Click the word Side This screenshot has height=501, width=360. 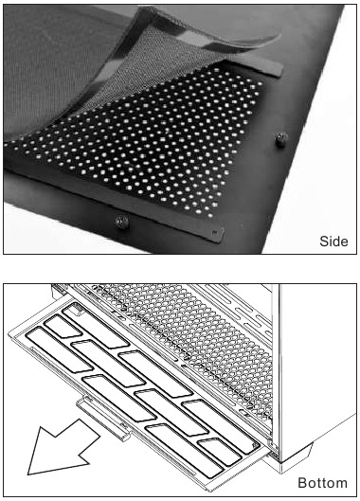[332, 242]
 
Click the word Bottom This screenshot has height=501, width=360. [322, 483]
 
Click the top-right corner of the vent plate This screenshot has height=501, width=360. [281, 69]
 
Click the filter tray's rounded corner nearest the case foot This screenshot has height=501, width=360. [256, 455]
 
